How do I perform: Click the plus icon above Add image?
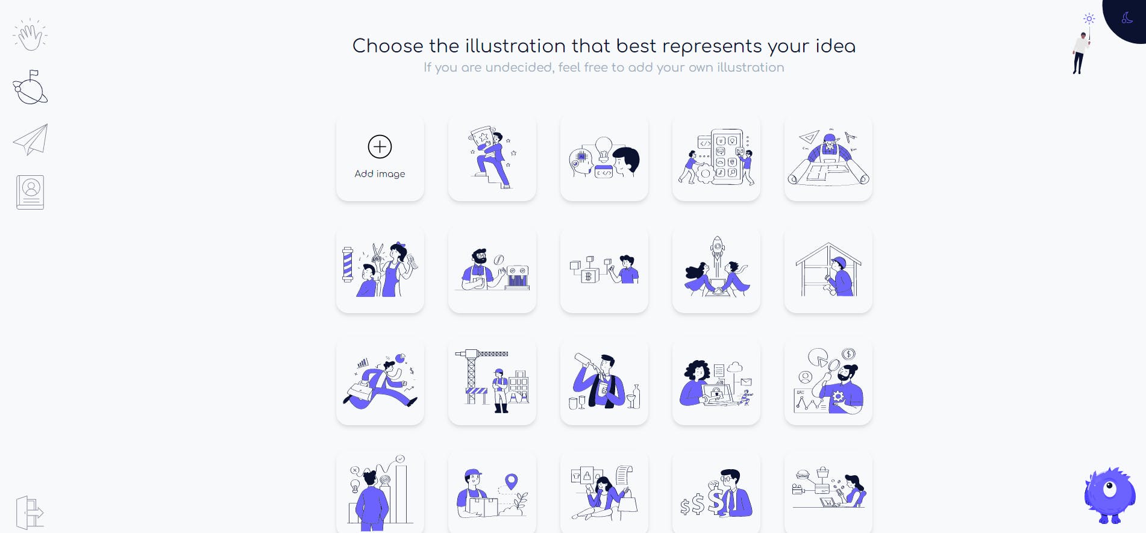(380, 146)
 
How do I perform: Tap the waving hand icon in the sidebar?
(30, 35)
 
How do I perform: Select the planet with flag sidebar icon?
(30, 87)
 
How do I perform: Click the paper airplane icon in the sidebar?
(30, 140)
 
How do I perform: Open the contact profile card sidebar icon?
(30, 192)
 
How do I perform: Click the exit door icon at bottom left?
(30, 513)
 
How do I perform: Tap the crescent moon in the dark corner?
(1127, 18)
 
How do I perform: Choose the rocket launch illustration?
(716, 269)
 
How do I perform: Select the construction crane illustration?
(492, 381)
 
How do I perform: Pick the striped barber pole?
(348, 264)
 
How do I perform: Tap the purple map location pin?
(512, 482)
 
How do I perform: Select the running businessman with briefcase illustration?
(380, 381)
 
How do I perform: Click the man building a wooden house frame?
(828, 269)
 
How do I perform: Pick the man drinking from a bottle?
(604, 381)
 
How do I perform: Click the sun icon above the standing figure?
(1089, 19)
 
